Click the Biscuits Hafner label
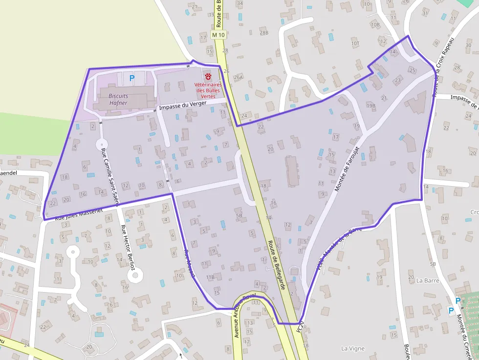click(x=118, y=100)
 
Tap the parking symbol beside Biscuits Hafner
click(x=131, y=77)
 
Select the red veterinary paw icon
click(x=209, y=76)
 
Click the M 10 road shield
click(x=218, y=35)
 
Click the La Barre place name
click(x=428, y=281)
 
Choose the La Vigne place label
click(x=352, y=348)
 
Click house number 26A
click(x=238, y=77)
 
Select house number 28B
click(x=264, y=33)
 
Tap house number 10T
click(x=355, y=43)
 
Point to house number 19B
click(x=370, y=106)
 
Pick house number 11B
click(x=210, y=277)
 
